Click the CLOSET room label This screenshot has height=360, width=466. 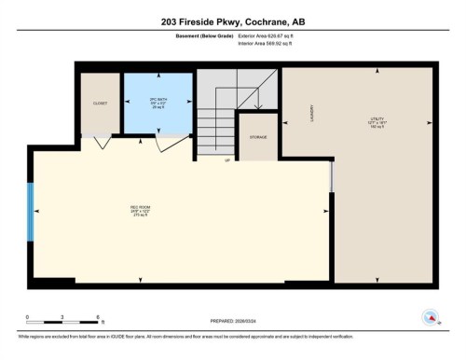pos(99,104)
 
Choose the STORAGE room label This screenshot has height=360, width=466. pos(258,137)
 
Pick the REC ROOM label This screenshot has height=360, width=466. pos(140,209)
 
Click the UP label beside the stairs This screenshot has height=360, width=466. pos(226,159)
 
